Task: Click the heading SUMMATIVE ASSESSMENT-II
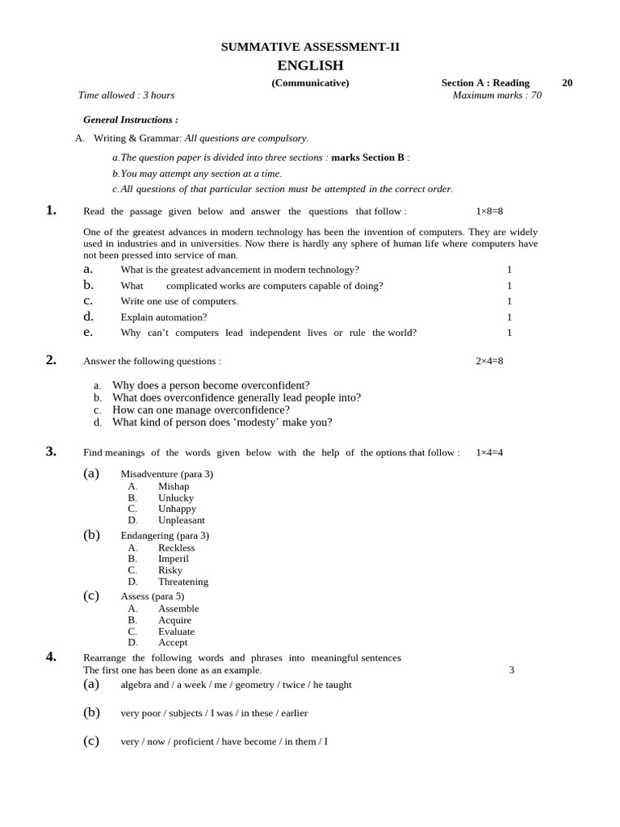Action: [310, 47]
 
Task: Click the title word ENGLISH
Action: [310, 65]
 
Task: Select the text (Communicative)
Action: [310, 82]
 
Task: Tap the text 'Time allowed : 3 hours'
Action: [126, 95]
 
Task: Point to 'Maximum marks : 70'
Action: [496, 95]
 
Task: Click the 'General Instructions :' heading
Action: [131, 120]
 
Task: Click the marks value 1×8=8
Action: [489, 211]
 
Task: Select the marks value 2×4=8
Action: [489, 361]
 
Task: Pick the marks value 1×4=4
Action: [489, 452]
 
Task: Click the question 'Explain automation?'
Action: [164, 317]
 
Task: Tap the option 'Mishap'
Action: [174, 486]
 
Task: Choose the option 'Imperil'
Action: [174, 558]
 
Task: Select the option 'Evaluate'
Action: [176, 632]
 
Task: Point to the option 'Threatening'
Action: [183, 581]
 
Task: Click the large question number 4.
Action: [51, 657]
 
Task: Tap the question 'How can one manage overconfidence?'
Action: [201, 409]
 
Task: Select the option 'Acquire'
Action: [175, 620]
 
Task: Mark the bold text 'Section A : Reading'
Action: [485, 82]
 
